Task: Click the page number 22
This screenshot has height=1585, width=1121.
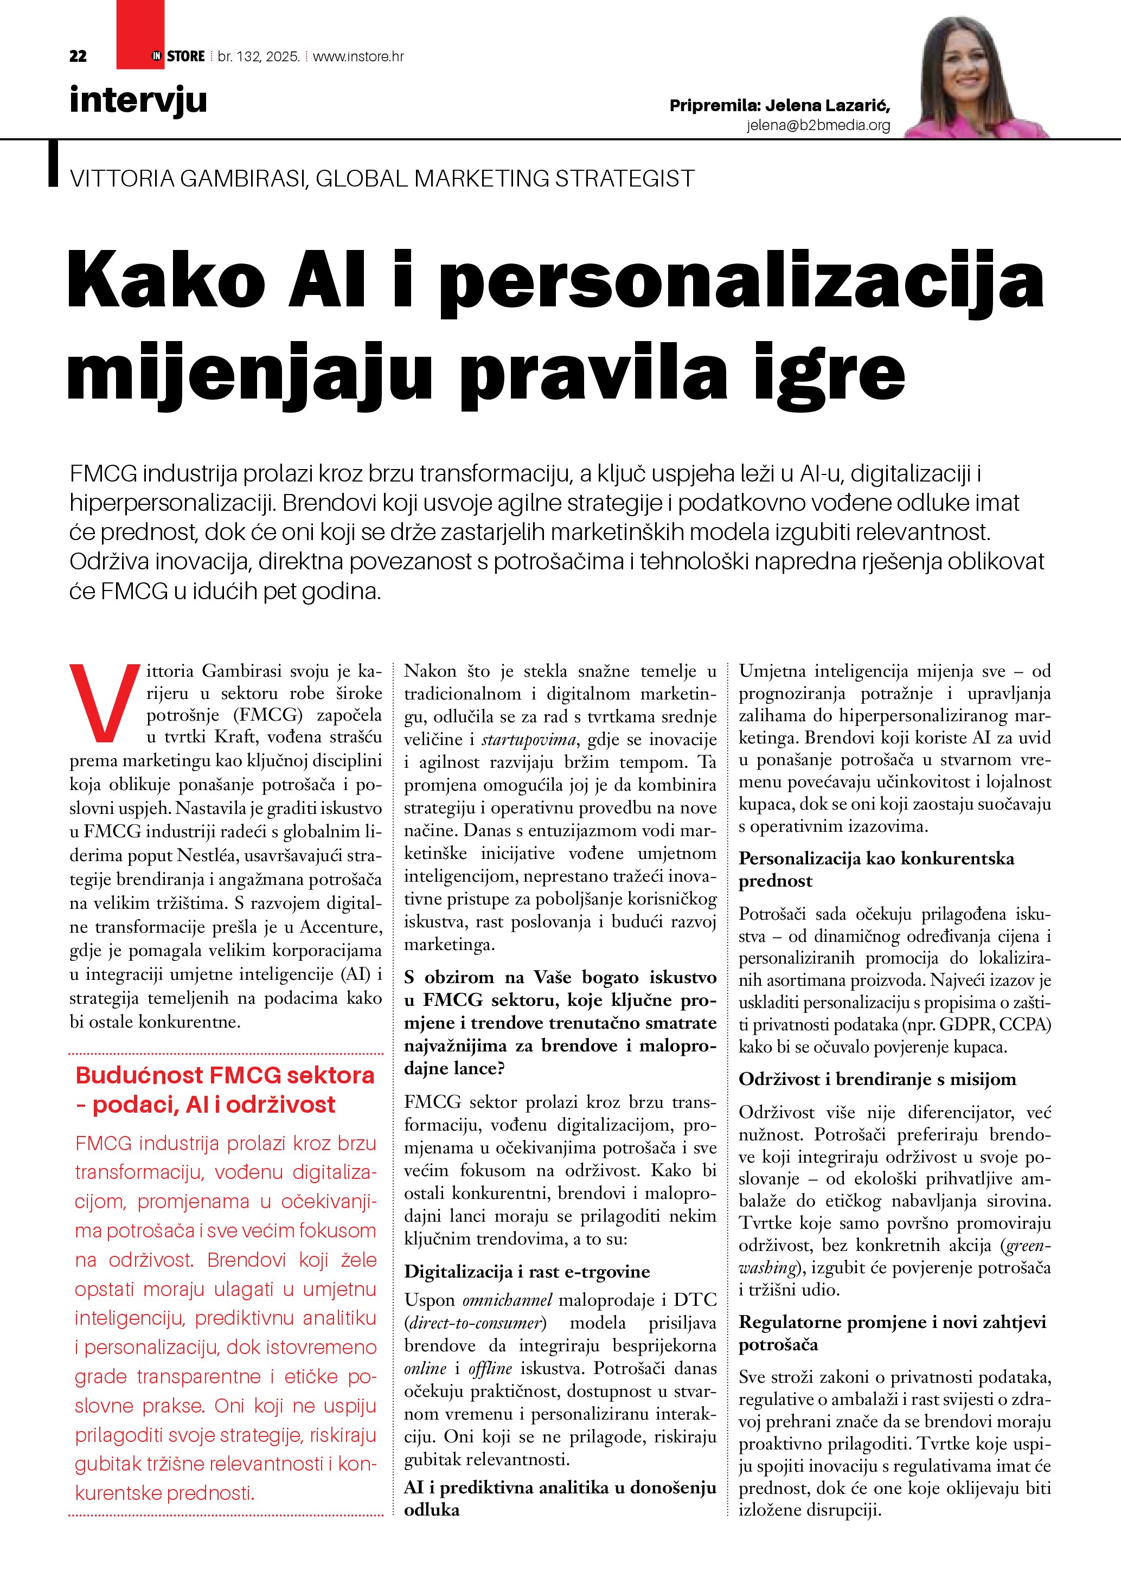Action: pos(78,56)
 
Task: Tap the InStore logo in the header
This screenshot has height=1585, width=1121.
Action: pos(178,56)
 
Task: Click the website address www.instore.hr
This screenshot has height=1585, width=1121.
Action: pos(358,56)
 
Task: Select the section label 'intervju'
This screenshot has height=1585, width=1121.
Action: pos(138,100)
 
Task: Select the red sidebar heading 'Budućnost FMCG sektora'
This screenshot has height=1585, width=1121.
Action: pos(225,1075)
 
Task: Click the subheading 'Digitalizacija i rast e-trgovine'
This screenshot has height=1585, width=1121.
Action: pos(527,1272)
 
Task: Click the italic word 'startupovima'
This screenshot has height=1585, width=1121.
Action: pos(528,739)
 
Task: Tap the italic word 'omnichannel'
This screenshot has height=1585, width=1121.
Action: pos(507,1300)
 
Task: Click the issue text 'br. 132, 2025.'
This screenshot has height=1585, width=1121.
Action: pos(258,56)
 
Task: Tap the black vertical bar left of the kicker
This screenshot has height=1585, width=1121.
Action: pos(53,164)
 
